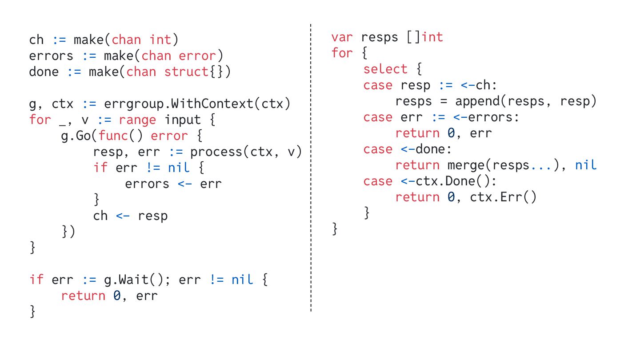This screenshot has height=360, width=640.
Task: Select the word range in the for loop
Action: tap(137, 120)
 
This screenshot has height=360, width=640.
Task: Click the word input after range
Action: tap(183, 120)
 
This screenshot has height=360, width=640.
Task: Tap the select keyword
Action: tap(379, 69)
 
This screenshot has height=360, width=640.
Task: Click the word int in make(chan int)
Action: tap(160, 40)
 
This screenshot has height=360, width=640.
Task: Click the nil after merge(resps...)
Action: tap(586, 165)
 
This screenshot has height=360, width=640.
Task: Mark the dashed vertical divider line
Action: tap(311, 169)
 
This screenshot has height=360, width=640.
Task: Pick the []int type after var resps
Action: tap(425, 37)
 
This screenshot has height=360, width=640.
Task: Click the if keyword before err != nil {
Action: tap(100, 168)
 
